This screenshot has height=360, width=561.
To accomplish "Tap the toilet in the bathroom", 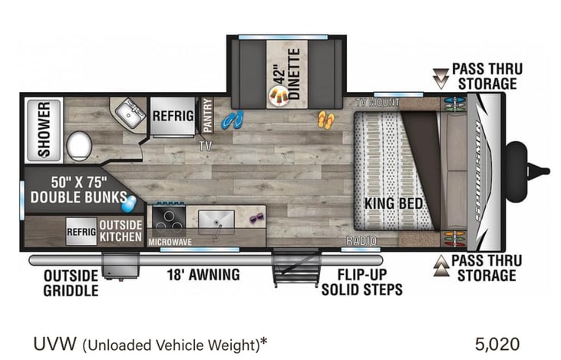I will coord(78,144).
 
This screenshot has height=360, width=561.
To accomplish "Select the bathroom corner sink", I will coord(125,116).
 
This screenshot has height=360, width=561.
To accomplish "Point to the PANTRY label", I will coord(207,114).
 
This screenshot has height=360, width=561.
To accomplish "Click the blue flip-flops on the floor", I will coord(233,120).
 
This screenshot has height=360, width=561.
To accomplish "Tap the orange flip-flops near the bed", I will coord(326,119).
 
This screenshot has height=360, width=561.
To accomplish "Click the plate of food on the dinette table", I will coord(279,96).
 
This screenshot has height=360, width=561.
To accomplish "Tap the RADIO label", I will coord(361,241).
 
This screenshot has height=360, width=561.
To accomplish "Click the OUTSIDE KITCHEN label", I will coord(120,230).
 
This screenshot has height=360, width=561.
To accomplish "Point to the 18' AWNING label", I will coord(203,274).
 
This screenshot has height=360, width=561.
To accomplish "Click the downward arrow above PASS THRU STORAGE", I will coord(441,77).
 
